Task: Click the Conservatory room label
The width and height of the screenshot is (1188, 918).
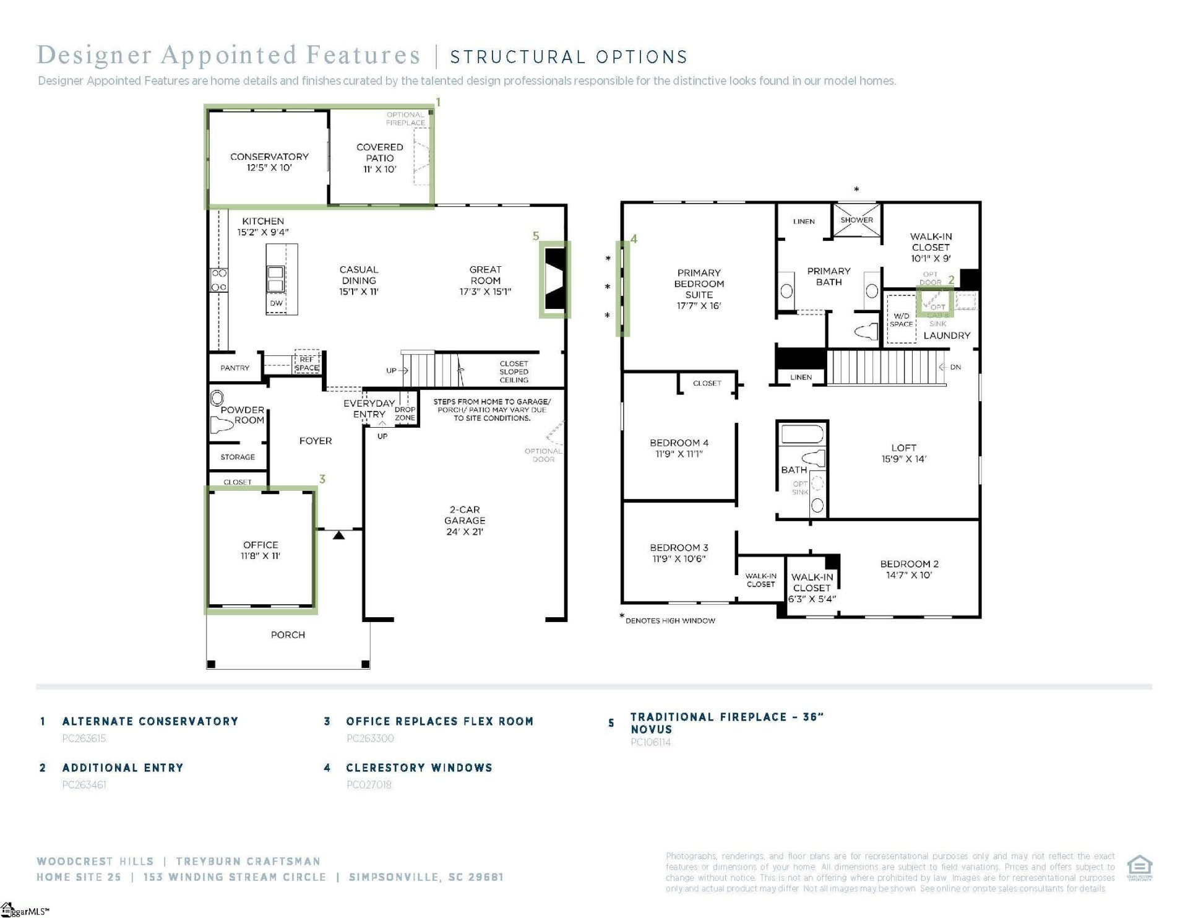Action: pyautogui.click(x=269, y=157)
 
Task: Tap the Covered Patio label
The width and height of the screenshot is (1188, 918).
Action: pyautogui.click(x=379, y=152)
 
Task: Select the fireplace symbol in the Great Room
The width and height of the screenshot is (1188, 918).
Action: pyautogui.click(x=555, y=279)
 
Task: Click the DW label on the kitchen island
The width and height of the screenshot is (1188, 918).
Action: pyautogui.click(x=276, y=303)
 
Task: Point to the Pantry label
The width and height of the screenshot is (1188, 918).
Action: pyautogui.click(x=235, y=368)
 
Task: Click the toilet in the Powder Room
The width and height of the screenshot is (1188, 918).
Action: pyautogui.click(x=222, y=425)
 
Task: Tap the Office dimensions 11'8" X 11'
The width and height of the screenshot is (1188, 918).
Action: pyautogui.click(x=260, y=556)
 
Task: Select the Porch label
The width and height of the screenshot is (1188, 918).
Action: pyautogui.click(x=288, y=634)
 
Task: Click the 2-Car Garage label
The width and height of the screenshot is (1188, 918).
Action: pyautogui.click(x=465, y=515)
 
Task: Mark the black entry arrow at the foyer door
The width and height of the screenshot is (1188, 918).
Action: pyautogui.click(x=338, y=535)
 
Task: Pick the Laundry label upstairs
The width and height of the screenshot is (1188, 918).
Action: pyautogui.click(x=947, y=336)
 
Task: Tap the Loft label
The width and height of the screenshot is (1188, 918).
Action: pyautogui.click(x=903, y=448)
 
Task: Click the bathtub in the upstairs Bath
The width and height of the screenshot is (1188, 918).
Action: pyautogui.click(x=802, y=434)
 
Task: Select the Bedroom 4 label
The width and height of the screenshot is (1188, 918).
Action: pyautogui.click(x=679, y=443)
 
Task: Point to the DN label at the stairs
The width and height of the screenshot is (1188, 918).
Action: pyautogui.click(x=955, y=367)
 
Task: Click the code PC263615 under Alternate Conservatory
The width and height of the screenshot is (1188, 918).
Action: pyautogui.click(x=84, y=738)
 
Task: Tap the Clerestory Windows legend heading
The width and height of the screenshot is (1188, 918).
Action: pyautogui.click(x=419, y=768)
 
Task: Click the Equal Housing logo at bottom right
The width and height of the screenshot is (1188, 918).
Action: pyautogui.click(x=1139, y=867)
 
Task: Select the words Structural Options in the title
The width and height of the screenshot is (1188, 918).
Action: pyautogui.click(x=569, y=57)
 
